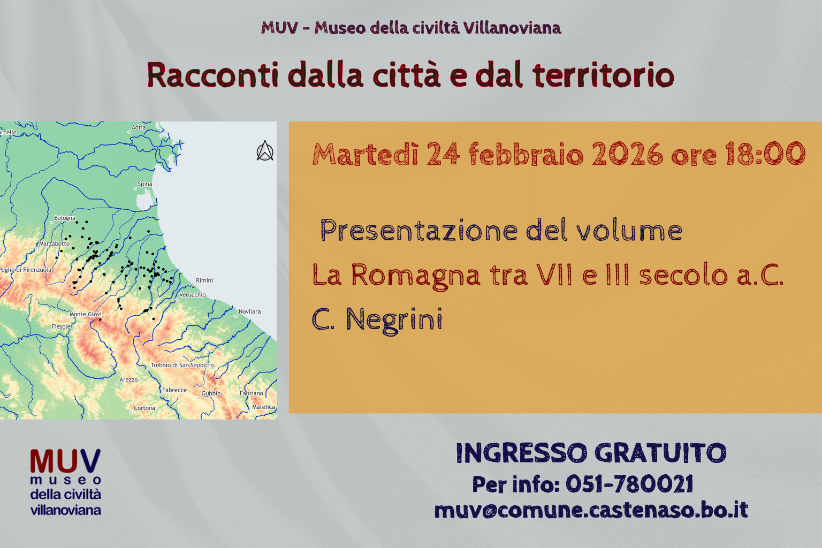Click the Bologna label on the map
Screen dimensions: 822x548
tap(65, 218)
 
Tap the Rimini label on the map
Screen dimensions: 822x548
tap(204, 280)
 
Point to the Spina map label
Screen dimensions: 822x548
tap(144, 184)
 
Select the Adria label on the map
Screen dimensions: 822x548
tap(139, 127)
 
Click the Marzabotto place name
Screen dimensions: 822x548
tap(54, 243)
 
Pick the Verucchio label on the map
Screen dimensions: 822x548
tap(192, 294)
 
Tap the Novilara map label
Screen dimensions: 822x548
tap(249, 311)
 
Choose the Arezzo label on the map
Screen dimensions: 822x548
tap(128, 379)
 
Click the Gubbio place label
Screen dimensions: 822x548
tap(211, 393)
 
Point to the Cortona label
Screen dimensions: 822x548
tap(144, 408)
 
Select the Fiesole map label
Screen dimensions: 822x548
tap(61, 326)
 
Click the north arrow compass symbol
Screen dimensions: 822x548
tap(265, 151)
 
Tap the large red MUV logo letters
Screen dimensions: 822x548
tap(65, 461)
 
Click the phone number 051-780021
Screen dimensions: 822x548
tap(629, 484)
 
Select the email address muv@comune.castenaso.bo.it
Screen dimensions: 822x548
tap(591, 510)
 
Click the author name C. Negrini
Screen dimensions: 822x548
tap(377, 319)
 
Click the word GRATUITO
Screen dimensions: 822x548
tap(660, 453)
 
